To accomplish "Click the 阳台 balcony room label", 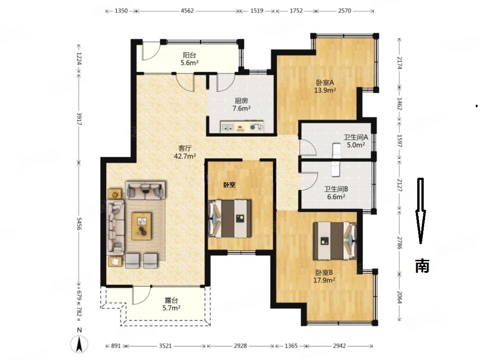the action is [189, 55].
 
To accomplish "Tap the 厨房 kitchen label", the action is [241, 101].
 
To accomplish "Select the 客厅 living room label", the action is [185, 149].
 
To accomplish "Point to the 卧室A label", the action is [325, 83].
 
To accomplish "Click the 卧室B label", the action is [324, 272].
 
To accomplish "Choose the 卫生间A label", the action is [356, 138].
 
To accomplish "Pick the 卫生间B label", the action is [336, 189].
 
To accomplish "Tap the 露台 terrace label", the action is [171, 300].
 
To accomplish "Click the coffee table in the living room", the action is [141, 226].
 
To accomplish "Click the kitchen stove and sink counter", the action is [242, 127].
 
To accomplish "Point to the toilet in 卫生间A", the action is [336, 150].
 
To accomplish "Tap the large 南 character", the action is [422, 266].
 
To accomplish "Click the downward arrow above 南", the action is [420, 211].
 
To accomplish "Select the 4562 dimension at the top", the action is [187, 11].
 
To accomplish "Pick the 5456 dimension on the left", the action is [79, 224].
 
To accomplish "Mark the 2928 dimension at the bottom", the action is [240, 346].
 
